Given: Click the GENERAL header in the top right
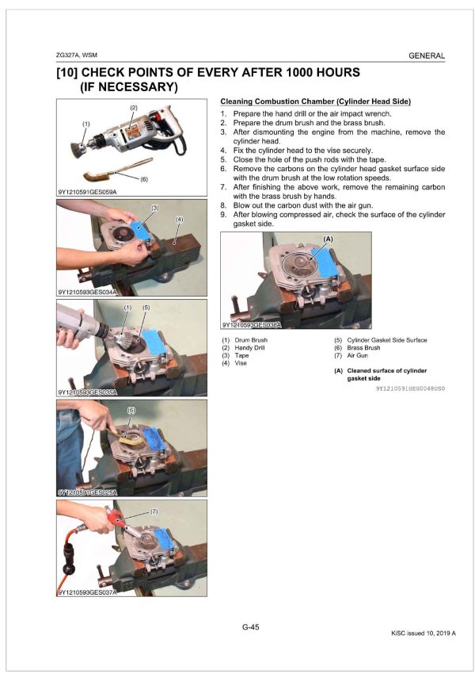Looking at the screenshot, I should pos(426,56).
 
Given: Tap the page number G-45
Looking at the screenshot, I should pos(250,627).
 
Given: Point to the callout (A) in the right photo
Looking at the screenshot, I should pos(327,238).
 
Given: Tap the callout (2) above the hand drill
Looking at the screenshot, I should pos(133,107).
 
